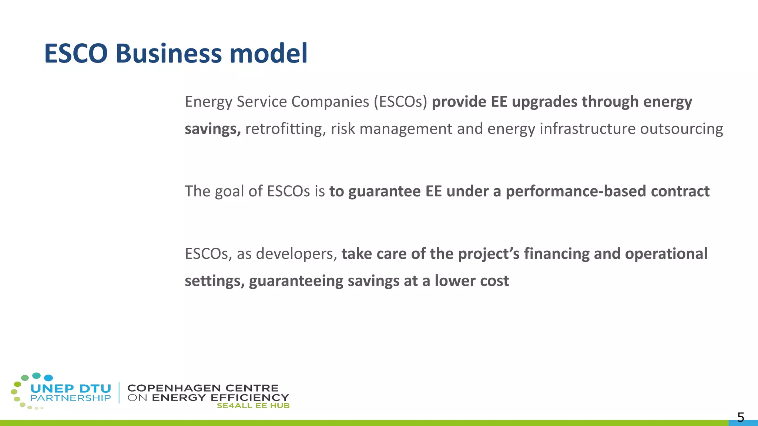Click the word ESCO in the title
pyautogui.click(x=76, y=53)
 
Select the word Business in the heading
pyautogui.click(x=168, y=53)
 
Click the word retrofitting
pyautogui.click(x=285, y=129)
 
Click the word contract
pyautogui.click(x=680, y=192)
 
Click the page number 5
pyautogui.click(x=740, y=417)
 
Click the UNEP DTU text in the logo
pyautogui.click(x=71, y=389)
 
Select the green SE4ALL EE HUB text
pyautogui.click(x=253, y=406)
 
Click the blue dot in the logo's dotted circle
pyautogui.click(x=48, y=378)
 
